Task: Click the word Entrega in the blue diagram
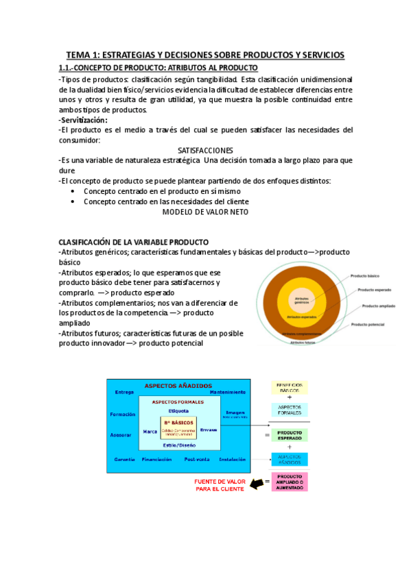[x=125, y=393]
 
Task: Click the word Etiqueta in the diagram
[x=178, y=410]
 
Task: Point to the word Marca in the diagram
[x=150, y=431]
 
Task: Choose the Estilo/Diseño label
[x=178, y=446]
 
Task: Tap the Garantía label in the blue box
[x=125, y=459]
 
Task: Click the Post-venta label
[x=197, y=459]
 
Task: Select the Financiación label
[x=157, y=459]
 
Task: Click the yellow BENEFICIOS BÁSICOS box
[x=290, y=388]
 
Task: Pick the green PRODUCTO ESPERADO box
[x=290, y=435]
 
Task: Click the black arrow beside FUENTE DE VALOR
[x=258, y=484]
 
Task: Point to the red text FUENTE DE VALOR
[x=218, y=484]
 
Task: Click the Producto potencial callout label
[x=367, y=324]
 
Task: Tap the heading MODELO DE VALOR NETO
[x=205, y=212]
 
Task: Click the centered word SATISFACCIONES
[x=205, y=150]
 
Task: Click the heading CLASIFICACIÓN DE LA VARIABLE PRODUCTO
[x=133, y=242]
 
